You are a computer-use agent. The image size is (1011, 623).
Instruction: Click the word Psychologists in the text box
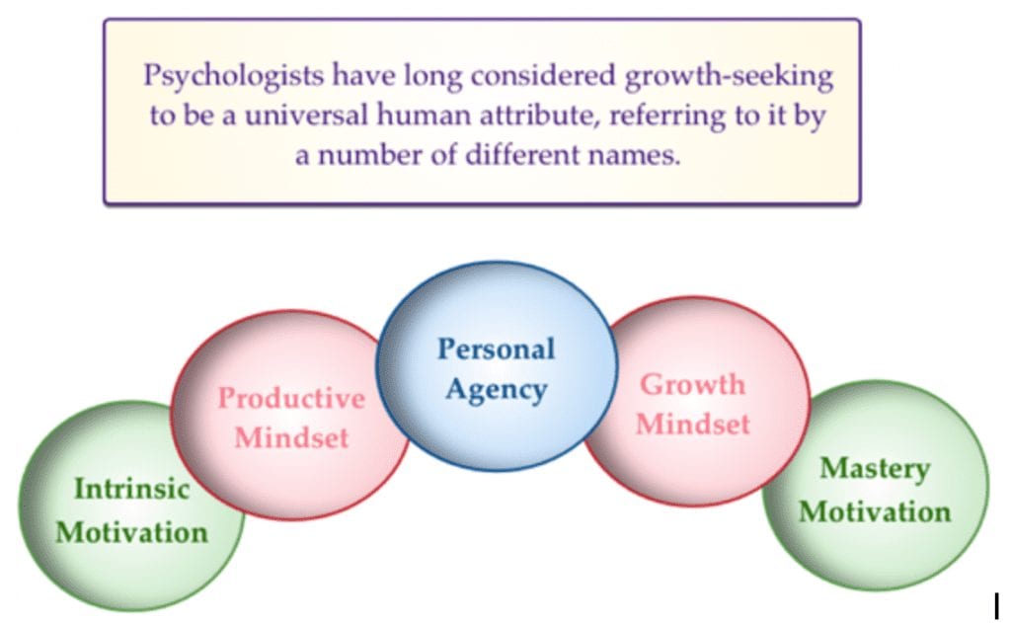[233, 76]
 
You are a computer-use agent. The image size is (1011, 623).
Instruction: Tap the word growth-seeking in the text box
[729, 77]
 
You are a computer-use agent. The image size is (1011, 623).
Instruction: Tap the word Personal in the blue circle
[496, 349]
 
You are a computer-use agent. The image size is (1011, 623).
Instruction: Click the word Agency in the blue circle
[496, 390]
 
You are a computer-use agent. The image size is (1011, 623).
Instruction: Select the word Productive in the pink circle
[291, 397]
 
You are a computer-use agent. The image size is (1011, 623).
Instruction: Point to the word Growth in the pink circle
[692, 384]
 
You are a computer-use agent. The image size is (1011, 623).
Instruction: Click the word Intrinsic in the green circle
[131, 488]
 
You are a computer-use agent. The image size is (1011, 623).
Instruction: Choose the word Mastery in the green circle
[875, 469]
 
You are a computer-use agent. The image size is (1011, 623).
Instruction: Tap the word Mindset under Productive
[291, 438]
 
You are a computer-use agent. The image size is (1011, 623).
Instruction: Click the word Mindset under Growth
[692, 425]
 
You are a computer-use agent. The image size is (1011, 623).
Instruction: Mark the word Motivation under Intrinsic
[131, 533]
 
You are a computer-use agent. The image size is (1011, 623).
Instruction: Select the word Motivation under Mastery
[875, 512]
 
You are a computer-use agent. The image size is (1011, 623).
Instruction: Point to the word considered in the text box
[543, 76]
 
